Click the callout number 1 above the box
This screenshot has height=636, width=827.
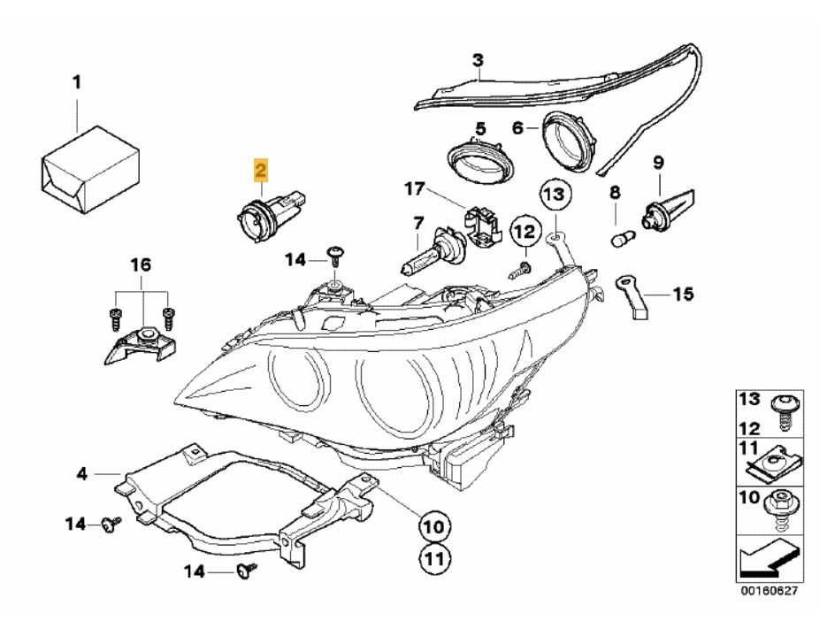tap(76, 83)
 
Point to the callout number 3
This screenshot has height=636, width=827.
tap(478, 61)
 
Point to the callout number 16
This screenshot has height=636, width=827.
tap(142, 264)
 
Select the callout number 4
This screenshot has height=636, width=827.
tap(81, 474)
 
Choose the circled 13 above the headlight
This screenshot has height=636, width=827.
tap(553, 194)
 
